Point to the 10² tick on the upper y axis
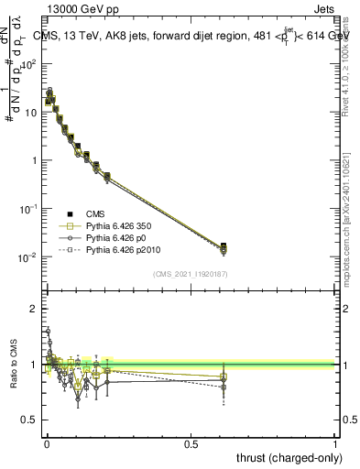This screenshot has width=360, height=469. pos(29,64)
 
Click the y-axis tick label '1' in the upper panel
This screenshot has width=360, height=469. pos(34,160)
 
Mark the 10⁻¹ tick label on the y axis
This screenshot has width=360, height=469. pos(29,208)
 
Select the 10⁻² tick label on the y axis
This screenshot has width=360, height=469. pos(29,256)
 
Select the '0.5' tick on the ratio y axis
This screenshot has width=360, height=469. pos(29,420)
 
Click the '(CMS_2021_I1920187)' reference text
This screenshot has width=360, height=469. pos(191,273)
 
